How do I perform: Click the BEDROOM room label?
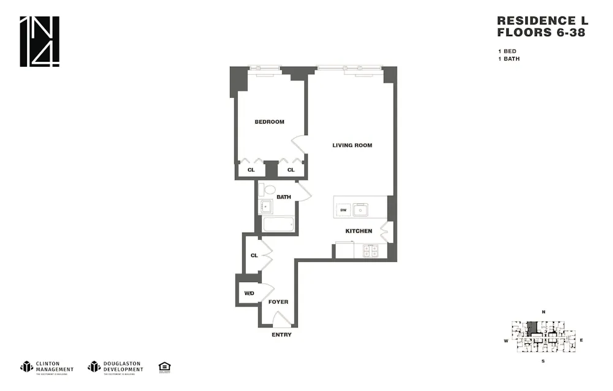[x=269, y=122]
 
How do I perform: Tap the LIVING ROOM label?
[x=352, y=146]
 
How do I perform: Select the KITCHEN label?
[x=359, y=231]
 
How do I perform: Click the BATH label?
[x=283, y=197]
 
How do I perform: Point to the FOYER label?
[x=278, y=302]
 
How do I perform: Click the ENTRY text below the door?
[x=281, y=335]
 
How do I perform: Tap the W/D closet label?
[x=249, y=294]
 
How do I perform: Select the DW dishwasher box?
[x=343, y=210]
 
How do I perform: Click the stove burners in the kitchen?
[x=371, y=250]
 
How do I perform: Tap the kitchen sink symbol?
[x=362, y=210]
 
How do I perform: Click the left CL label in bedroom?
[x=251, y=170]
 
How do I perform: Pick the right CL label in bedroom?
[x=291, y=170]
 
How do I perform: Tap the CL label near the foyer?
[x=254, y=256]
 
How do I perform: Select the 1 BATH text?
[x=508, y=59]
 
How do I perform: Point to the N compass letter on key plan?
[x=543, y=312]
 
